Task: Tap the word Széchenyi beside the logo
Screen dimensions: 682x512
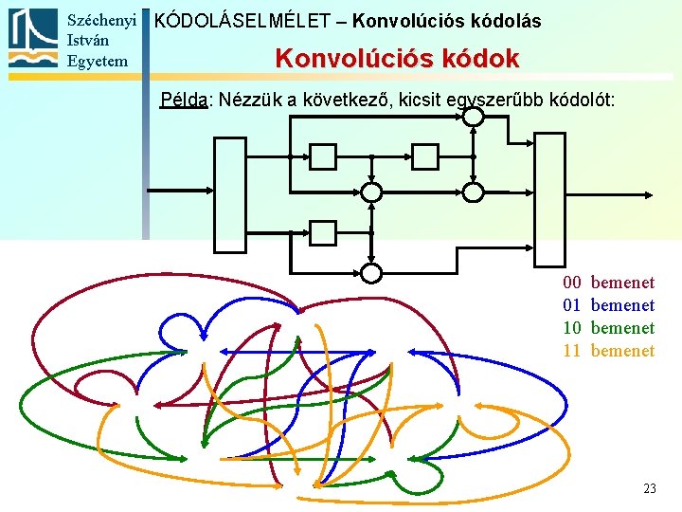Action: point(102,20)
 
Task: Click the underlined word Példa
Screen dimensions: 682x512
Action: point(184,100)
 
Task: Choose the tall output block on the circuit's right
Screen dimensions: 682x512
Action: point(549,198)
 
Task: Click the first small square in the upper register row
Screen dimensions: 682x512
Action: point(323,155)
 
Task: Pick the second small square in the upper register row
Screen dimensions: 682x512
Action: point(425,155)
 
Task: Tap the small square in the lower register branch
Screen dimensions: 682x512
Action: point(323,232)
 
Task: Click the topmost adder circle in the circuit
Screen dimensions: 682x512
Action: point(473,117)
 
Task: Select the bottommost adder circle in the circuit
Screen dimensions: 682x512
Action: point(371,273)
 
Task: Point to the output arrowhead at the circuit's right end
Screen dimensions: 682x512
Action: point(648,194)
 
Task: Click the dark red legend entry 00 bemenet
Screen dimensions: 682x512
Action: point(608,283)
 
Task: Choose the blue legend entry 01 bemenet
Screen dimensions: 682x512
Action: point(608,305)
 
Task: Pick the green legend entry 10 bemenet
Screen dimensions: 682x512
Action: point(608,328)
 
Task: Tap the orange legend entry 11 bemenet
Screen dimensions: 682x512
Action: point(608,351)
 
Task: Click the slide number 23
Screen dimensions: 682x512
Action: point(649,489)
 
